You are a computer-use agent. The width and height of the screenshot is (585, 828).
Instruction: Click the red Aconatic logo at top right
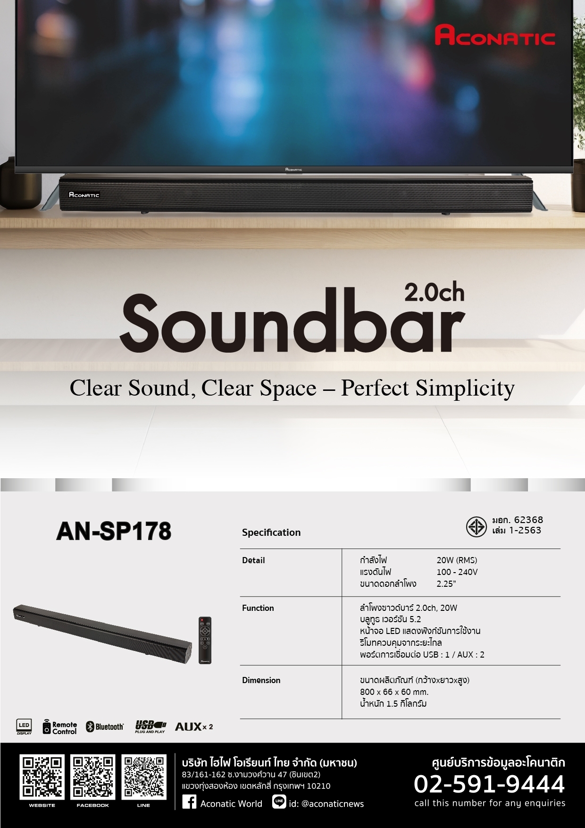[494, 36]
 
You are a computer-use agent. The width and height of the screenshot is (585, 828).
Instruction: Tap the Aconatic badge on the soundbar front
[84, 194]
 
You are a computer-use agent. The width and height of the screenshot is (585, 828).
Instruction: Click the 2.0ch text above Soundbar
[434, 293]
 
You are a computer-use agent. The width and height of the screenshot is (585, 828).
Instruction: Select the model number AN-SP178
[114, 531]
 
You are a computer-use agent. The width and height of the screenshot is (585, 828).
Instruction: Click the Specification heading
[271, 532]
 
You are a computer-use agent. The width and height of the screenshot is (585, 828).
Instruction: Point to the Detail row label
[253, 560]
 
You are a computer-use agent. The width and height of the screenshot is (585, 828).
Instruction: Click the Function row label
[258, 608]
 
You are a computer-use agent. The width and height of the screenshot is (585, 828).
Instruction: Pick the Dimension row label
[261, 680]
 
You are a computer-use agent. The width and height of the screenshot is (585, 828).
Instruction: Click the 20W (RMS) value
[457, 560]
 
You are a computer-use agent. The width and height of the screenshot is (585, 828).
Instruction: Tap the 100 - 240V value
[457, 572]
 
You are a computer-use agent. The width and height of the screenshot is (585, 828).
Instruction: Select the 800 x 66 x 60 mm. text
[394, 692]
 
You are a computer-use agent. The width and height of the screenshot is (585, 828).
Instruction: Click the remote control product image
[205, 640]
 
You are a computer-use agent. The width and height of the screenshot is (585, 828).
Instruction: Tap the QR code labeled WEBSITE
[42, 777]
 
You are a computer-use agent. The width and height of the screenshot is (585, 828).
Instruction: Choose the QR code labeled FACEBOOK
[92, 777]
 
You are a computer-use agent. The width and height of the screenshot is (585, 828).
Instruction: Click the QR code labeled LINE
[143, 777]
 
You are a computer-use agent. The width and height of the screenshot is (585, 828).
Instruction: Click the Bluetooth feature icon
[105, 727]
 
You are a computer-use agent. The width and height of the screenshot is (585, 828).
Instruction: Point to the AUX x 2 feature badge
[194, 727]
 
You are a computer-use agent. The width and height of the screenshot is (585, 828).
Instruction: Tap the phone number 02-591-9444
[489, 784]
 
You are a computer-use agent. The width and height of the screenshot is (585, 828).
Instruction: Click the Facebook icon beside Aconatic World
[189, 802]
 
